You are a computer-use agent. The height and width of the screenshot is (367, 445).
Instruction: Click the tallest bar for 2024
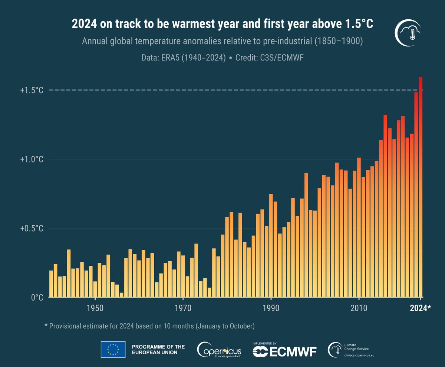click(x=421, y=186)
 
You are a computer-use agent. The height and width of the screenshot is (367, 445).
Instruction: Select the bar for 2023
click(x=416, y=193)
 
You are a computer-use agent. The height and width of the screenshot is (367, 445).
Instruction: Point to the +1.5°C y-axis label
click(x=32, y=90)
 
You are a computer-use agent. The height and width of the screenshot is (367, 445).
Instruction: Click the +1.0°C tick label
click(x=32, y=159)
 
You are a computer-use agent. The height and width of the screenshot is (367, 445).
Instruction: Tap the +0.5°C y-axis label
click(x=32, y=228)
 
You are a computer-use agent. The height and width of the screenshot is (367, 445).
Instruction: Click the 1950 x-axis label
click(x=95, y=308)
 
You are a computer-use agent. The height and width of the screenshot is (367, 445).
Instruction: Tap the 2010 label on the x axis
click(x=359, y=308)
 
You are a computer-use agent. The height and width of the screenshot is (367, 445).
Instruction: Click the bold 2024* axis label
click(x=421, y=308)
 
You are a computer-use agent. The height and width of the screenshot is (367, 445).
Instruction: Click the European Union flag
click(x=113, y=349)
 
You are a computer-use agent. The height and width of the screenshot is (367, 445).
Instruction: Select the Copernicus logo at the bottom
click(x=220, y=350)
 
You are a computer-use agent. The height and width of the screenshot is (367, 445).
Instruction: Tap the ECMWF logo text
click(x=284, y=351)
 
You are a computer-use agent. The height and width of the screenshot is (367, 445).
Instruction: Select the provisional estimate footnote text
click(x=149, y=326)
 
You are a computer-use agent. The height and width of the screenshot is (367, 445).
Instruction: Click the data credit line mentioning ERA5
click(x=222, y=58)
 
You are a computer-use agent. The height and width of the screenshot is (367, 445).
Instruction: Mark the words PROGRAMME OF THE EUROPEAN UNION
click(x=158, y=349)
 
